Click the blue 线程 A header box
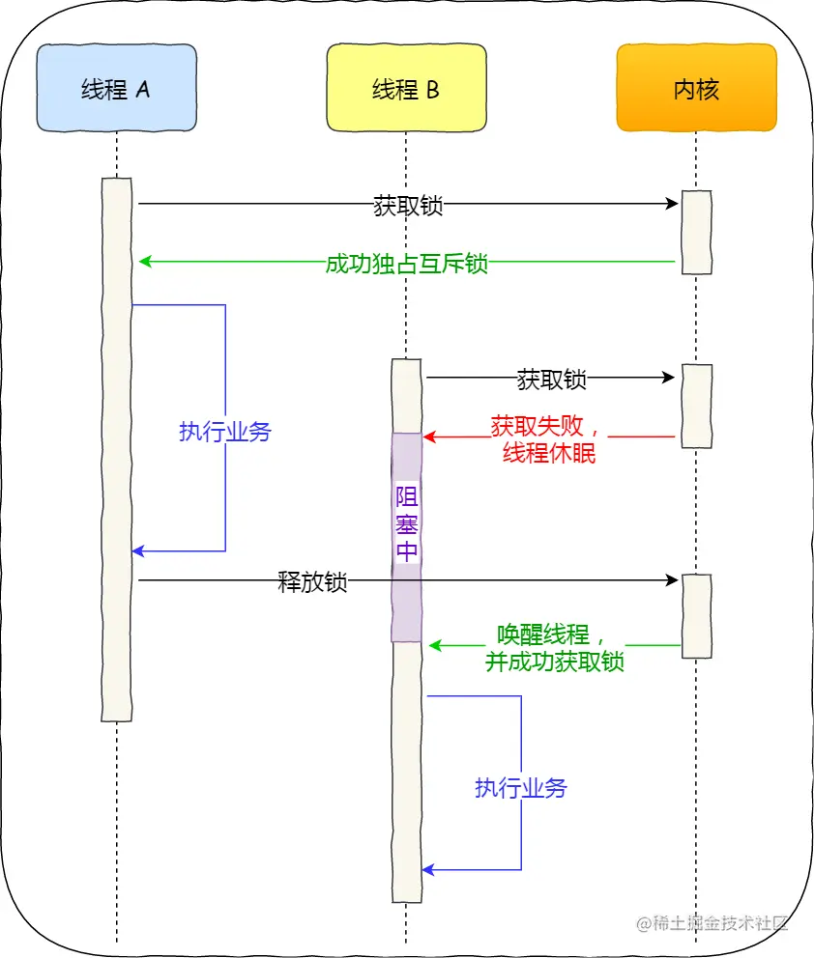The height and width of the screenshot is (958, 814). (x=116, y=89)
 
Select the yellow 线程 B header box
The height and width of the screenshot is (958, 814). (x=405, y=89)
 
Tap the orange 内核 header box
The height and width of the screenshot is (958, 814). (x=696, y=89)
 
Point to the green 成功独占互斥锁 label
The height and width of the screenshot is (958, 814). (x=407, y=264)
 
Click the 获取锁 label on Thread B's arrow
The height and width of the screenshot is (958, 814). (x=551, y=379)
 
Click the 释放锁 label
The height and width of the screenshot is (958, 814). (x=312, y=582)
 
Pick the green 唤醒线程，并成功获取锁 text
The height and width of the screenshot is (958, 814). (x=554, y=648)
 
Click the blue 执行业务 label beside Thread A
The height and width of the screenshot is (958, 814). (x=225, y=432)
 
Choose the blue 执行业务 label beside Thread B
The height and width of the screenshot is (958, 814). (x=521, y=787)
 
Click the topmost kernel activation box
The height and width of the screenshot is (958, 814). (x=696, y=233)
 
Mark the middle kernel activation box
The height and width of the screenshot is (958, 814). (x=696, y=406)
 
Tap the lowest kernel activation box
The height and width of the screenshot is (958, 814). (x=696, y=616)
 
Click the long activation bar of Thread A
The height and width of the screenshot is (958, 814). (x=116, y=449)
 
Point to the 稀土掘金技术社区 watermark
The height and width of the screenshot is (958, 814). (x=712, y=922)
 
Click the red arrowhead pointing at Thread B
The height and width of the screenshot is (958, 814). (x=429, y=437)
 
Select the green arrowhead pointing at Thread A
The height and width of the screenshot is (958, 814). (x=145, y=262)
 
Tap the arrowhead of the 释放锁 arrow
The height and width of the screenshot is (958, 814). (x=673, y=580)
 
